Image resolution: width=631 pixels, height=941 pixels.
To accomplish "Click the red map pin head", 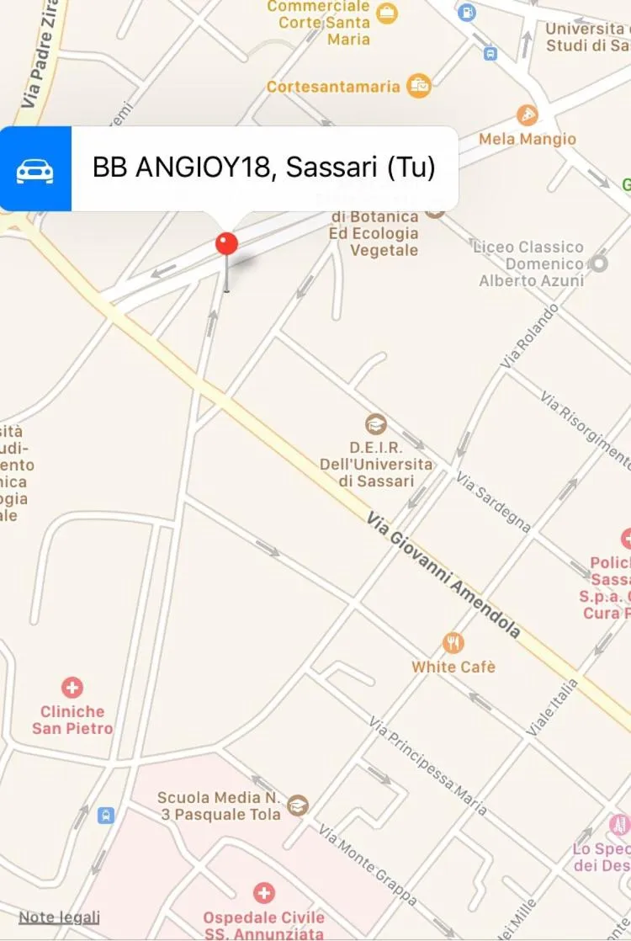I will (227, 244).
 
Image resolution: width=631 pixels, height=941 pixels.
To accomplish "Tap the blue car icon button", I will (35, 168).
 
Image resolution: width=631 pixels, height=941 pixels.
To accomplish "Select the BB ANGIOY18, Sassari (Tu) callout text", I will (264, 167).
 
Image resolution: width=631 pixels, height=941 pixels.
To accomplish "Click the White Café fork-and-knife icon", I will (453, 644).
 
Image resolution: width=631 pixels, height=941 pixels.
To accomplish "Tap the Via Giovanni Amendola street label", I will (443, 577).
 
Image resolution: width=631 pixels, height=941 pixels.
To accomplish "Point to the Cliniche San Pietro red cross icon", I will (73, 688).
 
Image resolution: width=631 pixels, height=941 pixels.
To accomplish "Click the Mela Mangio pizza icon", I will (528, 115).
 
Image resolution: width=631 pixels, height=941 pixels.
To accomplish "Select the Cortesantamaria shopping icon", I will (418, 85).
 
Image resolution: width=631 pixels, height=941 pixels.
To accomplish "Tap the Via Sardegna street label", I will (494, 502).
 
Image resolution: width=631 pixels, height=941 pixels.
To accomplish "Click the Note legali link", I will (59, 917).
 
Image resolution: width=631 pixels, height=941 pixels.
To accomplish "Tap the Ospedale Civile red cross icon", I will (264, 892).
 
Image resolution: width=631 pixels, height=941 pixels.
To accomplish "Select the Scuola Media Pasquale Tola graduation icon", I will (298, 805).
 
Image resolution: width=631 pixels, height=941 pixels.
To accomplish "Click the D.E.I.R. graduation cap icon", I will (376, 424).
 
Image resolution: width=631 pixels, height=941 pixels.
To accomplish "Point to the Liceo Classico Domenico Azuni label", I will (530, 263).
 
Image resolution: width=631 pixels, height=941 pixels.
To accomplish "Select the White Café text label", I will (453, 667).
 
